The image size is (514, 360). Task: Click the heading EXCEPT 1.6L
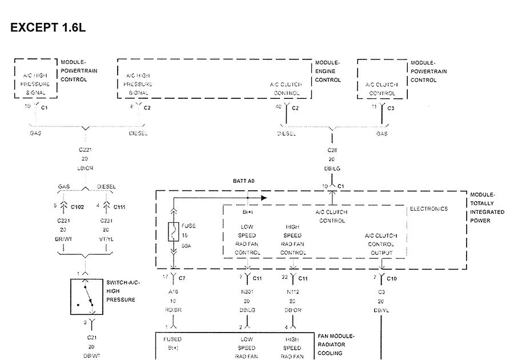[48, 27]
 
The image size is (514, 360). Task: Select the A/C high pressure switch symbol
[86, 297]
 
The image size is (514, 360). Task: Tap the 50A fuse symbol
[173, 233]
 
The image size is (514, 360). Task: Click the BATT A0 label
[243, 180]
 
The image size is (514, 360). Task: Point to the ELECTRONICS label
[429, 209]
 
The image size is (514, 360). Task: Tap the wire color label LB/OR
[85, 169]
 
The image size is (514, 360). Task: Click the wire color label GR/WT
[62, 239]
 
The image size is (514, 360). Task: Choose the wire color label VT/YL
[106, 239]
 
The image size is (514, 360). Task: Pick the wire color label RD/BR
[173, 310]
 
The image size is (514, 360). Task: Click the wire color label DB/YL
[382, 310]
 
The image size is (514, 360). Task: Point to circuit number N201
[247, 291]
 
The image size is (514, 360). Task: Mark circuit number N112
[292, 291]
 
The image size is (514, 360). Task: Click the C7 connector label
[182, 278]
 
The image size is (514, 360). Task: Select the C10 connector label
[391, 278]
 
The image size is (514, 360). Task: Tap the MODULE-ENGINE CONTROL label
[327, 71]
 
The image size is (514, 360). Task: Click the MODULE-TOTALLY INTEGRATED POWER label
[487, 207]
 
